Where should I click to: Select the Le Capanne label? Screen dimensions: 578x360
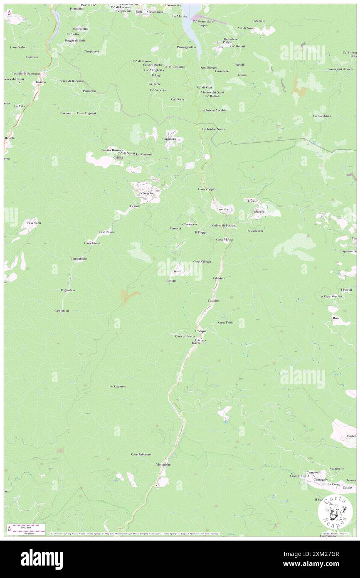click(x=118, y=386)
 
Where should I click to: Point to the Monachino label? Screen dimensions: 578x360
click(x=164, y=464)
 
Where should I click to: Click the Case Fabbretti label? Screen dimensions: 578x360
click(x=141, y=454)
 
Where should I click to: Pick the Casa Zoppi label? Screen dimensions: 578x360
click(x=205, y=189)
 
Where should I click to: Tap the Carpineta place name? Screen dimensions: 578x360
click(x=169, y=138)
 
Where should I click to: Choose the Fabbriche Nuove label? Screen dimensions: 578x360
click(x=214, y=129)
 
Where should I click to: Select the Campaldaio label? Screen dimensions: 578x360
click(x=78, y=258)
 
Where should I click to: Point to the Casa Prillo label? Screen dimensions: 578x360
click(x=225, y=322)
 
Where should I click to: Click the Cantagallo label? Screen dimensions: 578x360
click(x=321, y=479)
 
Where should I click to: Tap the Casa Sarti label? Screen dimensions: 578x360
click(x=34, y=223)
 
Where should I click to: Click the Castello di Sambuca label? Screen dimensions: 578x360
click(x=26, y=73)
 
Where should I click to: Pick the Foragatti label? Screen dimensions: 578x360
click(x=258, y=21)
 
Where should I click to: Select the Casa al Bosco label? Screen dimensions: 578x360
click(x=185, y=336)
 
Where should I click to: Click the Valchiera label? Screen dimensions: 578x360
click(x=219, y=278)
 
